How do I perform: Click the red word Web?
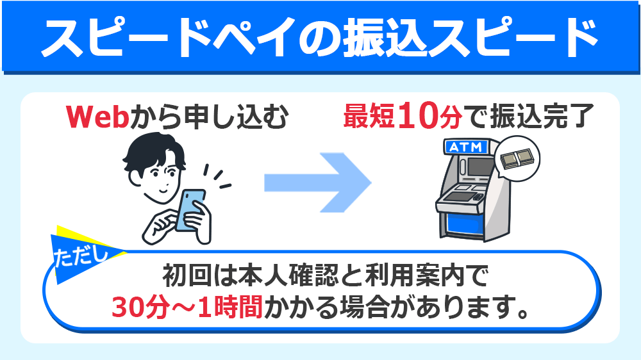click(98, 117)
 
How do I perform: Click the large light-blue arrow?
click(318, 182)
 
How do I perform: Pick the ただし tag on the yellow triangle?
click(83, 254)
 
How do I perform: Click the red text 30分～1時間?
click(187, 307)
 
